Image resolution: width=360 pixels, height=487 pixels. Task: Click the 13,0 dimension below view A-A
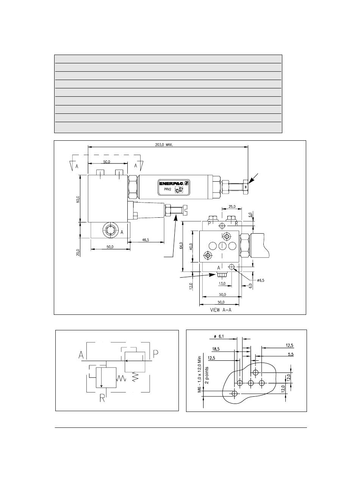(222, 283)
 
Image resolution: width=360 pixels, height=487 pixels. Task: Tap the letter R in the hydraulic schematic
(103, 399)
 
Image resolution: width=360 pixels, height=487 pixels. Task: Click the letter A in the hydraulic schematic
(81, 355)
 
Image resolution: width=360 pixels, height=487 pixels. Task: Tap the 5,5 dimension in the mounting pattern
(291, 354)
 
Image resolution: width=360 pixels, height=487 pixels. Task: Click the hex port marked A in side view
(110, 229)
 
